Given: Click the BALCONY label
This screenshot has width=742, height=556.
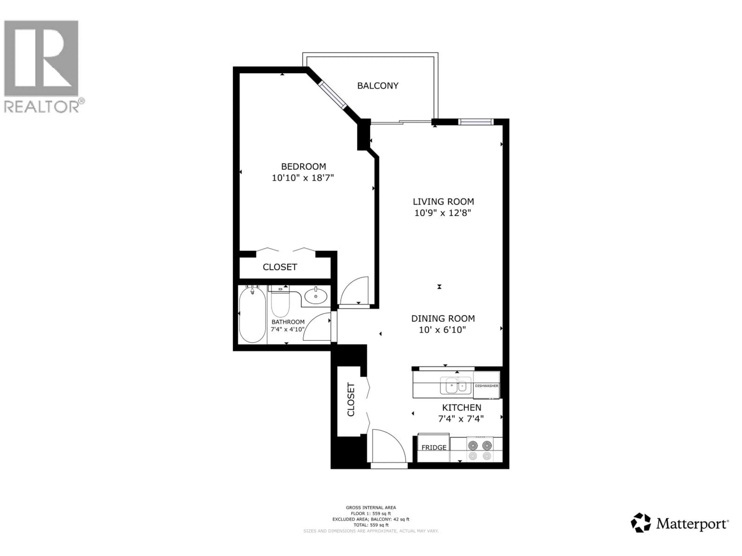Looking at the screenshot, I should click(378, 86).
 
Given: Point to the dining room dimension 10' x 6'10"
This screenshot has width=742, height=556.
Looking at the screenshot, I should click(442, 330).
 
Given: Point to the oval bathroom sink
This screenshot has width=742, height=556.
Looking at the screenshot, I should click(316, 296).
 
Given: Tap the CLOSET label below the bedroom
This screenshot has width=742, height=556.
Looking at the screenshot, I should click(280, 267).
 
